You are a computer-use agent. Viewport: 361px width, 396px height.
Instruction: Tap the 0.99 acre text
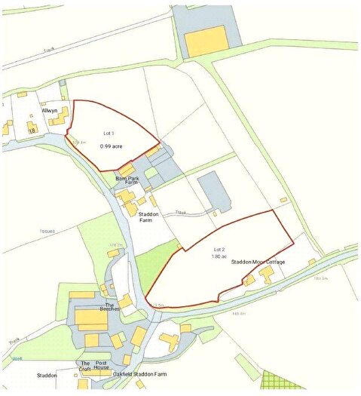pyautogui.click(x=111, y=146)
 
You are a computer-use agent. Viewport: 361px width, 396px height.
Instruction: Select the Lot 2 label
pyautogui.click(x=219, y=249)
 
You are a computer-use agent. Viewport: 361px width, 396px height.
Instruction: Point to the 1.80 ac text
pyautogui.click(x=219, y=256)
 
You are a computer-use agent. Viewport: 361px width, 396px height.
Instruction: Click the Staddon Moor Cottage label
pyautogui.click(x=258, y=262)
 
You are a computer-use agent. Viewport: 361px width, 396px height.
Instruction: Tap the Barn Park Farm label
pyautogui.click(x=127, y=180)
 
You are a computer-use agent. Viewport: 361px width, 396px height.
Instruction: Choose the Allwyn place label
pyautogui.click(x=50, y=111)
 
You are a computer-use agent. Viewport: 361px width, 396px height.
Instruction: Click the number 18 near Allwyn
pyautogui.click(x=32, y=130)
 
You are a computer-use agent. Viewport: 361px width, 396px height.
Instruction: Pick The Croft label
pyautogui.click(x=85, y=366)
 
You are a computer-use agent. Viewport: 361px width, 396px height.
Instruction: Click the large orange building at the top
pyautogui.click(x=206, y=41)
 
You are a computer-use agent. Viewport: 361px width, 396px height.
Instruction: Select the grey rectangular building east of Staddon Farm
pyautogui.click(x=214, y=191)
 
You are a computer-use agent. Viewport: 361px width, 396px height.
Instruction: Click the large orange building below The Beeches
pyautogui.click(x=91, y=318)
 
